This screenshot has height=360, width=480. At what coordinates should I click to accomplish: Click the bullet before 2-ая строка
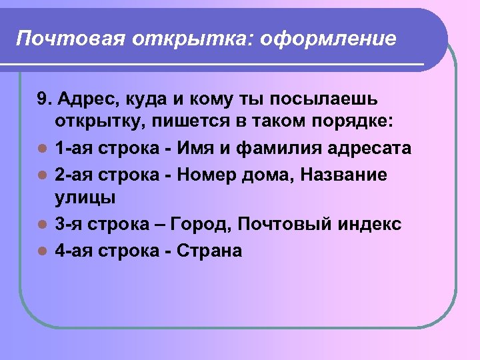(41, 175)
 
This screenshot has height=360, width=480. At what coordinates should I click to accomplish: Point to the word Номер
(207, 174)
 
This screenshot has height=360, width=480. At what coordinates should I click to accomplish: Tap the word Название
(344, 174)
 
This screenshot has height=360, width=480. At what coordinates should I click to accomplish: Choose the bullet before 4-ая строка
(41, 251)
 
